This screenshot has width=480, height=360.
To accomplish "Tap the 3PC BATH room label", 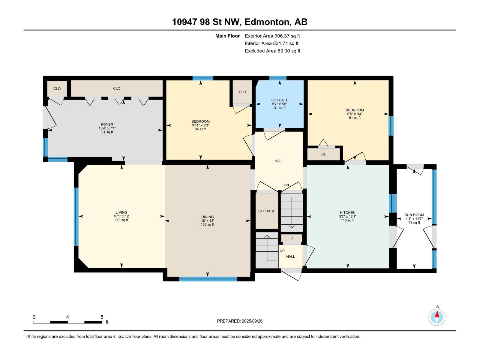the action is pyautogui.click(x=280, y=100).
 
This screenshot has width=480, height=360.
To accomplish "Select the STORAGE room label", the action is pyautogui.click(x=267, y=211).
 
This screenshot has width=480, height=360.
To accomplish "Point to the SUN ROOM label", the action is pyautogui.click(x=414, y=215).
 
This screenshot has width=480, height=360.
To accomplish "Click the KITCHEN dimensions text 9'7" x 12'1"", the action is pyautogui.click(x=347, y=216).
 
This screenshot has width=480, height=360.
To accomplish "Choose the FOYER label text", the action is pyautogui.click(x=107, y=124).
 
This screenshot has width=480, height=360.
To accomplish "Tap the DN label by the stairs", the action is pyautogui.click(x=286, y=185).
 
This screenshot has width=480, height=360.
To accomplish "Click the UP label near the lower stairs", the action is pyautogui.click(x=282, y=251).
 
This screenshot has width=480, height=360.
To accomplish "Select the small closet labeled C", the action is pyautogui.click(x=292, y=238).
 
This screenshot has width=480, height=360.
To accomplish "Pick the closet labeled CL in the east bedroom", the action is pyautogui.click(x=323, y=154).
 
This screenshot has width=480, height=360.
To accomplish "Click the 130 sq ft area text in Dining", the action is pyautogui.click(x=207, y=224).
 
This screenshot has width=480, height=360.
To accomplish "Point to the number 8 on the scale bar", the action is pyautogui.click(x=102, y=317).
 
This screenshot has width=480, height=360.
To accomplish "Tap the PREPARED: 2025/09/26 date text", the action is pyautogui.click(x=240, y=321).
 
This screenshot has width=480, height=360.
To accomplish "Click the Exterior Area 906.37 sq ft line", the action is pyautogui.click(x=272, y=36).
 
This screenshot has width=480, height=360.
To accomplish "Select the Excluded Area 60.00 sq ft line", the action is pyautogui.click(x=272, y=51).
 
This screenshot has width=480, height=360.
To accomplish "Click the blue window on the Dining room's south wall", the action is pyautogui.click(x=208, y=279).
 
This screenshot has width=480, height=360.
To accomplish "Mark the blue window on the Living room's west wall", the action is pyautogui.click(x=76, y=217).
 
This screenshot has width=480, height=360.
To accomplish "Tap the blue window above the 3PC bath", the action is pyautogui.click(x=278, y=78).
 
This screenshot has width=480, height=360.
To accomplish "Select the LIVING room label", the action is pyautogui.click(x=121, y=212).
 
